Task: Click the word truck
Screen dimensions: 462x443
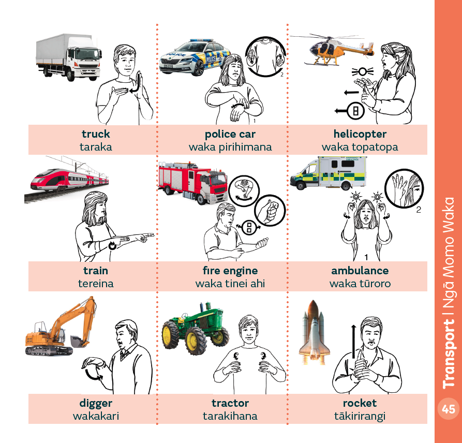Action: click(x=96, y=134)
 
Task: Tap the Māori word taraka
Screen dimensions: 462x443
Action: click(x=96, y=147)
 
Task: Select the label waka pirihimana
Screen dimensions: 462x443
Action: click(x=230, y=147)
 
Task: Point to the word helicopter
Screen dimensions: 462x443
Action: click(x=360, y=134)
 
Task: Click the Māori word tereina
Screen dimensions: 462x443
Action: click(x=96, y=284)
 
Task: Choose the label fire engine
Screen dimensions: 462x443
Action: click(x=230, y=271)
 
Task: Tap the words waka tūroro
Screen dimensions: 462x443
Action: click(x=360, y=284)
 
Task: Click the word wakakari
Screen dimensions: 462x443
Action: click(x=96, y=416)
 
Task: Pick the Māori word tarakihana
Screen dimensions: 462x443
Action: click(x=230, y=416)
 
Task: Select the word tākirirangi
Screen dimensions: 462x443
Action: click(x=360, y=416)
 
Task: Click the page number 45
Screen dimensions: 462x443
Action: click(x=448, y=409)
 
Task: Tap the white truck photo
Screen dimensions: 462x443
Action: click(x=69, y=57)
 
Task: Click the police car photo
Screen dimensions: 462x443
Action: click(x=195, y=57)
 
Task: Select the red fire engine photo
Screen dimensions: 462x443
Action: click(x=192, y=183)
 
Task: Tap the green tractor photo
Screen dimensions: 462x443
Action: click(x=196, y=328)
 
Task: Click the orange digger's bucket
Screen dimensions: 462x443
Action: click(x=78, y=342)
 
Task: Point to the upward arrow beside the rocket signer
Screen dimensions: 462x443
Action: click(x=353, y=342)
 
